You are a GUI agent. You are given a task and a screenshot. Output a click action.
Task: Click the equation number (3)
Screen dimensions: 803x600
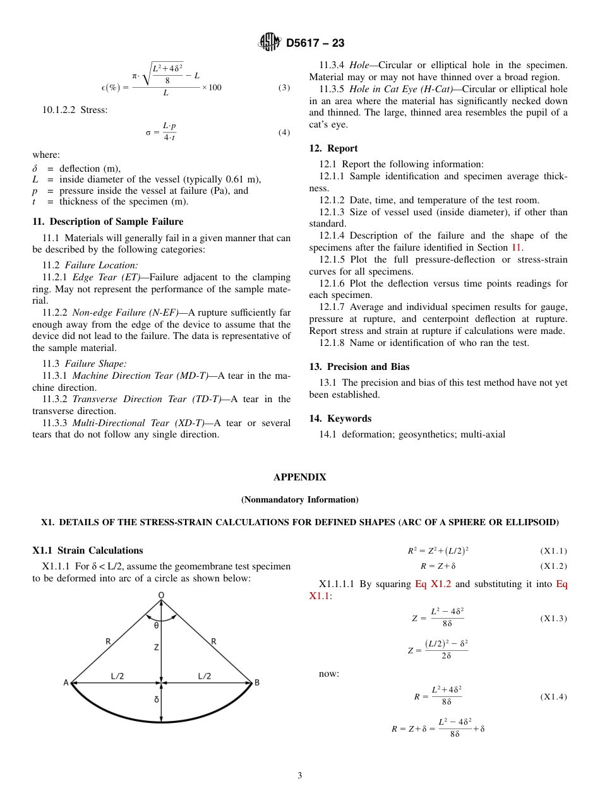284,88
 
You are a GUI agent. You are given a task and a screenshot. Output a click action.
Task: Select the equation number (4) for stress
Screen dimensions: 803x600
284,133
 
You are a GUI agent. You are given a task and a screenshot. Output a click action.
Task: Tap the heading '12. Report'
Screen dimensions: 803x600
333,148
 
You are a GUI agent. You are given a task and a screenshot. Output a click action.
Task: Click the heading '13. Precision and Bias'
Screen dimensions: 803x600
359,367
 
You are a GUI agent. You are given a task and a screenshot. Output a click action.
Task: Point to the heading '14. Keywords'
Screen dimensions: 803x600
340,419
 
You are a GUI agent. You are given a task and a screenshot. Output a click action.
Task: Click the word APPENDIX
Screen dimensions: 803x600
300,477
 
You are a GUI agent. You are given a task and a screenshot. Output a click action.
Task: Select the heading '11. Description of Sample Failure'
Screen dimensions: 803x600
108,222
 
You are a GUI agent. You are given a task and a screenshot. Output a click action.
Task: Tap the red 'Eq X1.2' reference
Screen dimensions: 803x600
433,584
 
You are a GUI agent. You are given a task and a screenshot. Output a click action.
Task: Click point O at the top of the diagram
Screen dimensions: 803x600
161,595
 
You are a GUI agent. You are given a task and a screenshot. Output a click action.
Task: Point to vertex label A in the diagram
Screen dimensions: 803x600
66,682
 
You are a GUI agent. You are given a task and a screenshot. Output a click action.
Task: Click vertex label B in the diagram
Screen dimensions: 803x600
256,682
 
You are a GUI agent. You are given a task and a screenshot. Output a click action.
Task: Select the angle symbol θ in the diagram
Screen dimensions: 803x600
157,626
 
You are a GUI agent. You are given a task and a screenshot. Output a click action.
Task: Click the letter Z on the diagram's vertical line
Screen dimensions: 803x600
157,648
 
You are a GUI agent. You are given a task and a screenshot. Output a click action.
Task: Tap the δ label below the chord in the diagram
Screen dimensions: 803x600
157,699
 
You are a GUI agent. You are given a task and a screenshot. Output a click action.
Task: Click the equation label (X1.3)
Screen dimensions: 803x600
553,619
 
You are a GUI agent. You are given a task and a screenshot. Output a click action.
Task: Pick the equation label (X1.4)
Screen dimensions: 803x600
553,697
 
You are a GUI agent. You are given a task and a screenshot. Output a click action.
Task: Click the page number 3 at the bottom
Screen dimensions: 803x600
300,776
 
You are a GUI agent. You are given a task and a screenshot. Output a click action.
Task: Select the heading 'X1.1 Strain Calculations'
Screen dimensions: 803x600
88,550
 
